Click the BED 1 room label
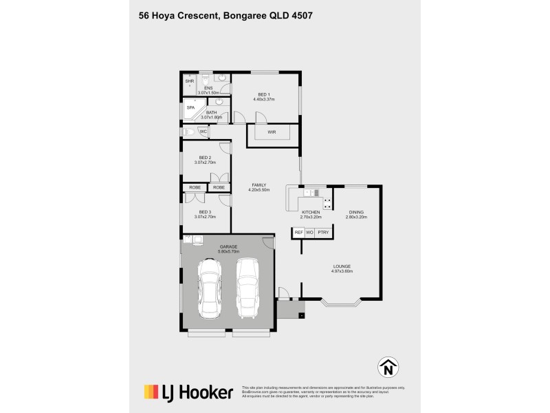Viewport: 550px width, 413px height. (264, 94)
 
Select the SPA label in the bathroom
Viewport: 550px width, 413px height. (190, 107)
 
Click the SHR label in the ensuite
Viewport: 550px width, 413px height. (190, 81)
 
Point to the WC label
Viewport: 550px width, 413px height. (203, 131)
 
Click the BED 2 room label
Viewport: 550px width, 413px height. (205, 158)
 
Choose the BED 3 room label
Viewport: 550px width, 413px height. (205, 212)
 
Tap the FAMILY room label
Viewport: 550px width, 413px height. (259, 185)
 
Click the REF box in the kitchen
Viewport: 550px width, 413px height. (298, 233)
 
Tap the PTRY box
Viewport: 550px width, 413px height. (323, 233)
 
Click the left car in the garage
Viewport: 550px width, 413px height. (208, 289)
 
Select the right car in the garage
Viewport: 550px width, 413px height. (247, 289)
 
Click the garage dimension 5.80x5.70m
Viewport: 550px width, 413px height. (229, 251)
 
